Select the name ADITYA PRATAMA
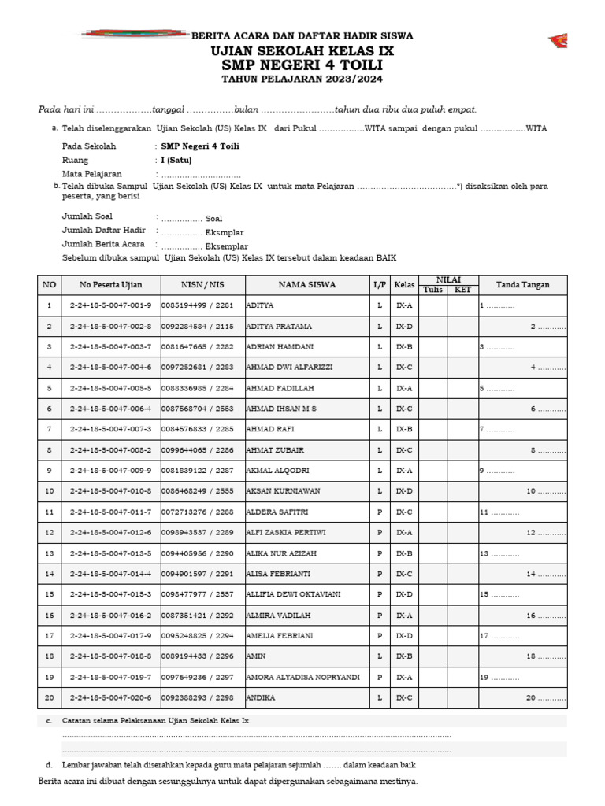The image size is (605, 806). pyautogui.click(x=280, y=326)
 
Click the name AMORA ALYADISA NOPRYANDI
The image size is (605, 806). pyautogui.click(x=303, y=677)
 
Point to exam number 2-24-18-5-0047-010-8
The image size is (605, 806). pyautogui.click(x=110, y=490)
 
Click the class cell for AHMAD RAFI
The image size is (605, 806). pyautogui.click(x=404, y=429)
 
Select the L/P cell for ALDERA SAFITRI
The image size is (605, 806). pyautogui.click(x=380, y=512)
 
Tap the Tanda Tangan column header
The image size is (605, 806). pyautogui.click(x=522, y=285)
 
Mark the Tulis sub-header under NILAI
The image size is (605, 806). pyautogui.click(x=433, y=290)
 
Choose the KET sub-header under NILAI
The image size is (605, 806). pyautogui.click(x=462, y=290)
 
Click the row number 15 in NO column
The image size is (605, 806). pyautogui.click(x=50, y=594)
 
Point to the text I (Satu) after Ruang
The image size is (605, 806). pyautogui.click(x=176, y=160)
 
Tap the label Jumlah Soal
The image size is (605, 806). pyautogui.click(x=87, y=216)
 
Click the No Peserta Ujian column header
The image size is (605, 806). pyautogui.click(x=110, y=285)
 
